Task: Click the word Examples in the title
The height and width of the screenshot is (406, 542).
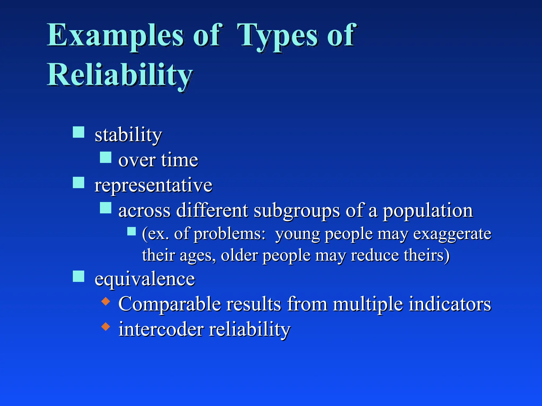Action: pos(115,36)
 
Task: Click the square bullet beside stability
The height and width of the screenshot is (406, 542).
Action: pos(79,132)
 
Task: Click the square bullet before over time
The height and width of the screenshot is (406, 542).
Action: pos(106,157)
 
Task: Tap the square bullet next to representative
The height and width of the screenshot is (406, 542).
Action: pos(79,182)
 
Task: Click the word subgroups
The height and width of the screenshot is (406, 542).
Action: pos(297,211)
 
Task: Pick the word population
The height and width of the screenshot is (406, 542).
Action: pos(428,211)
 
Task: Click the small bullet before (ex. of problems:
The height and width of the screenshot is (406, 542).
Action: pos(132,231)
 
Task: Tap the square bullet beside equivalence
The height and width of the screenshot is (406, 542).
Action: pos(79,276)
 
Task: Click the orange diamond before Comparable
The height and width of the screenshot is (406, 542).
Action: pos(106,301)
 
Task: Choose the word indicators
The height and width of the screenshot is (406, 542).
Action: pos(450,304)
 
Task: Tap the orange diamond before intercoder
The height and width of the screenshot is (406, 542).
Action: pos(106,327)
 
